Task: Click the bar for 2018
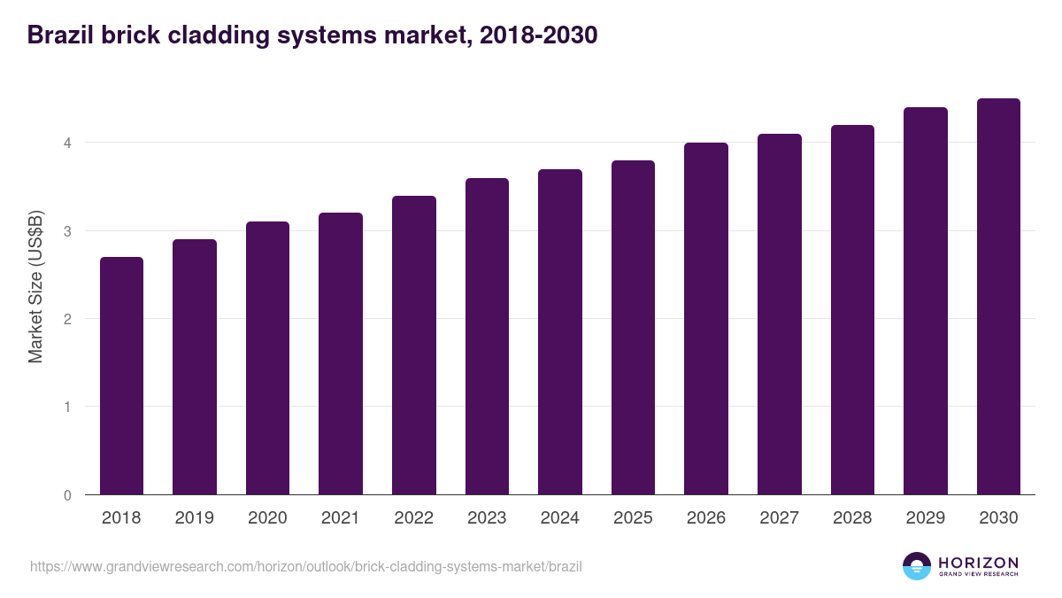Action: tap(121, 376)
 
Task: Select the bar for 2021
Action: tap(341, 353)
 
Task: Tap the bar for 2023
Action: tap(487, 336)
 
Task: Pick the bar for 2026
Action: tap(706, 318)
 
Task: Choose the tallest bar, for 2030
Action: tap(998, 296)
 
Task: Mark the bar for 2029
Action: tap(926, 300)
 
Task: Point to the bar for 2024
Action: tap(560, 331)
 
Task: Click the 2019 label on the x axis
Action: tap(194, 518)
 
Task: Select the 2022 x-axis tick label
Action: tap(413, 518)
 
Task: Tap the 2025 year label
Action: tap(633, 518)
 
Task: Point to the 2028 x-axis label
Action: tap(852, 518)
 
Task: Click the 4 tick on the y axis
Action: tap(66, 143)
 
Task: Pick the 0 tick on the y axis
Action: tap(66, 495)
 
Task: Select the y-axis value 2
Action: tap(66, 319)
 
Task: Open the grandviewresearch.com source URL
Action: tap(306, 566)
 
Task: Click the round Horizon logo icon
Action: tap(917, 566)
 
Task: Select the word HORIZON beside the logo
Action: tap(978, 562)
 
